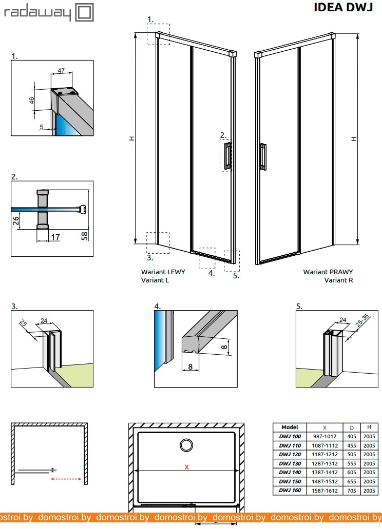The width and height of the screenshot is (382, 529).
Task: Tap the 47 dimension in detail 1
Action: (61, 70)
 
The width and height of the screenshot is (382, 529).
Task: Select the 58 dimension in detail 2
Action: (85, 235)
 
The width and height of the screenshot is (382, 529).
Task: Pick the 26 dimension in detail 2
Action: (16, 221)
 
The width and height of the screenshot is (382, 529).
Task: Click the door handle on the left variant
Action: (226, 156)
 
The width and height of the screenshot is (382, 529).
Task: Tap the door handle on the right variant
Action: (263, 156)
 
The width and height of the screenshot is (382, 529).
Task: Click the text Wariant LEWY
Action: (163, 272)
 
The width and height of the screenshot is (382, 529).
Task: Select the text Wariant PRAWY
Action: (328, 272)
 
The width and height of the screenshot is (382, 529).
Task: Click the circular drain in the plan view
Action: (185, 443)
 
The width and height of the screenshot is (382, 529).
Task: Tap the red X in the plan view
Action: (186, 467)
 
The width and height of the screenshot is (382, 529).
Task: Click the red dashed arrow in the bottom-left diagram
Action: (67, 480)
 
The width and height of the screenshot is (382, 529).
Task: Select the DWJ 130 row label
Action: (290, 463)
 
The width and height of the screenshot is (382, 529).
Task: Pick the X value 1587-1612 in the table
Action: (324, 491)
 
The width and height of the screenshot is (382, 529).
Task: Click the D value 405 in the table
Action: (351, 436)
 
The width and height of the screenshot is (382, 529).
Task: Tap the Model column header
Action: (290, 427)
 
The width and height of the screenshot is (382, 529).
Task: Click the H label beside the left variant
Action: (131, 138)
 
